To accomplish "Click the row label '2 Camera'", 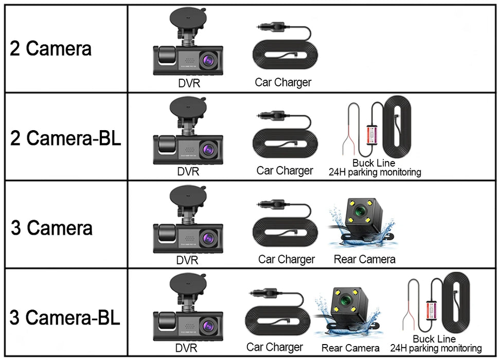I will (50, 49).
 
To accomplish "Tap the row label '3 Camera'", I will (51, 227).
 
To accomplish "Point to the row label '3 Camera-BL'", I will (65, 317).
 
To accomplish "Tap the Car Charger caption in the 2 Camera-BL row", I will (284, 170).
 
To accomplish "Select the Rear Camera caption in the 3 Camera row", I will (364, 259).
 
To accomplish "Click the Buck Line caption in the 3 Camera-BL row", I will (434, 339).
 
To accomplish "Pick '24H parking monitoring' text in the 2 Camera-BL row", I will (375, 172).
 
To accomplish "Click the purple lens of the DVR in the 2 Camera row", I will (208, 60).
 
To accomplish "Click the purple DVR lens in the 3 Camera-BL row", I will (208, 326).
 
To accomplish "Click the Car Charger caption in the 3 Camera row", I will (286, 259).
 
